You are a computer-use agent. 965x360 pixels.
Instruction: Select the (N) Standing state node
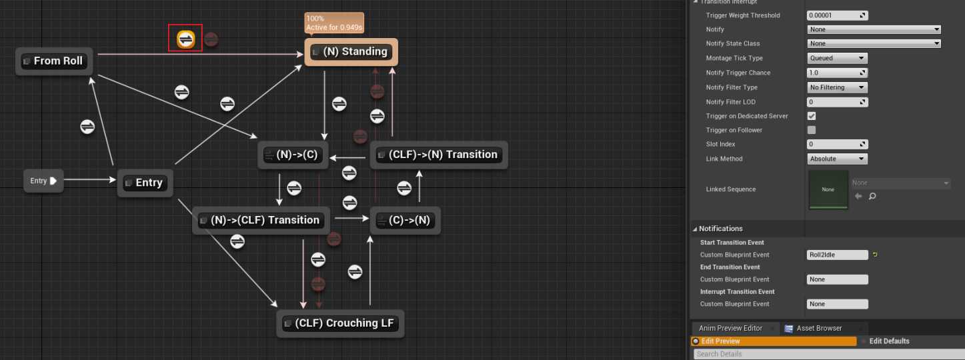[x=351, y=52]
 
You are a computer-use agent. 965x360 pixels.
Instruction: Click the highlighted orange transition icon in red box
[x=185, y=39]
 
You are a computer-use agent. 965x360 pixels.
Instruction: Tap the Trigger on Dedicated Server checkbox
[x=812, y=116]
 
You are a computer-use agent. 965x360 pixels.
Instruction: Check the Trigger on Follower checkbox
[x=812, y=130]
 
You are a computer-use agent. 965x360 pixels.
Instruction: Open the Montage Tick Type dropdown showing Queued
[x=837, y=58]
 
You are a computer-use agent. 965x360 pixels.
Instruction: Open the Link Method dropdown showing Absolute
[x=837, y=159]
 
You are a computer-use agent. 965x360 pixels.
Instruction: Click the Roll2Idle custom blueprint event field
[x=837, y=255]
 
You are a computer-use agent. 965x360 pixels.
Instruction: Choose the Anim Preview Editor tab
[x=730, y=328]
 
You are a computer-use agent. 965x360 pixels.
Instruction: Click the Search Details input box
[x=827, y=354]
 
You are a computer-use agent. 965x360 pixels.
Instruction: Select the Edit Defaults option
[x=889, y=341]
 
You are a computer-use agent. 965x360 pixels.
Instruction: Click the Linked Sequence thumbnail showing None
[x=828, y=189]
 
